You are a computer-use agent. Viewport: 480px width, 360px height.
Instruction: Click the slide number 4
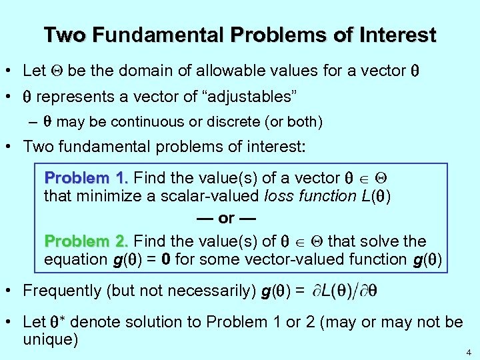469,351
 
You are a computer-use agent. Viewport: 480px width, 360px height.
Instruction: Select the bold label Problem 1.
86,178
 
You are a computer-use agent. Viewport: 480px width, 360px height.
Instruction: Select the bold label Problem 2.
86,241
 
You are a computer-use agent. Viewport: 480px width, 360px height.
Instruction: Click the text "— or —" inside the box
226,218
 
